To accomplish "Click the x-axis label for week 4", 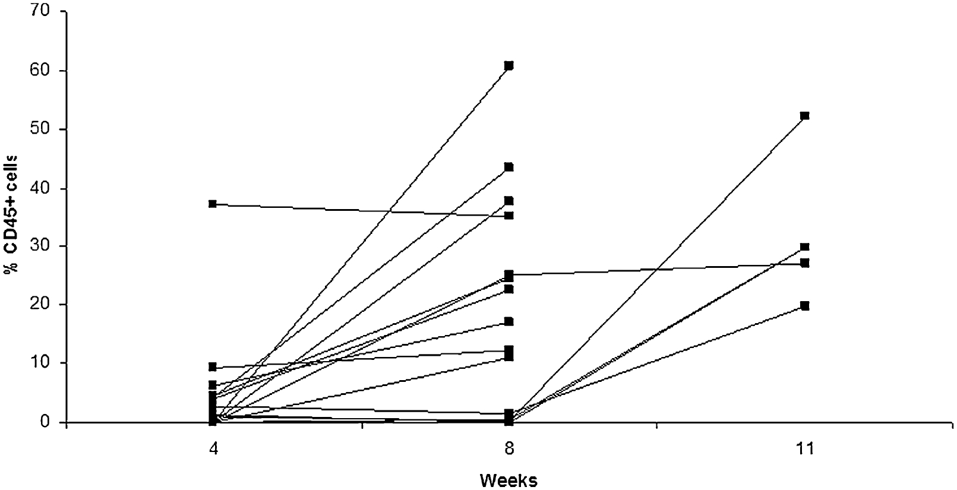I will pos(213,449).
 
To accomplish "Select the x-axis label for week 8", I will pos(508,449).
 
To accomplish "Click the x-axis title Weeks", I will pos(508,479).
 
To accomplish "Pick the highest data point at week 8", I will pos(508,65).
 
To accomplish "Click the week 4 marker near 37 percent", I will pos(213,204).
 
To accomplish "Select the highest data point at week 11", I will pos(804,115).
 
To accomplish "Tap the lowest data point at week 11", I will pos(804,306).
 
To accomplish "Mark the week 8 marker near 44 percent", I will pos(508,167).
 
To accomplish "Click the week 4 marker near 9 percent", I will pos(213,366).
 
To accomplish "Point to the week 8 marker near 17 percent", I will pos(508,321).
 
